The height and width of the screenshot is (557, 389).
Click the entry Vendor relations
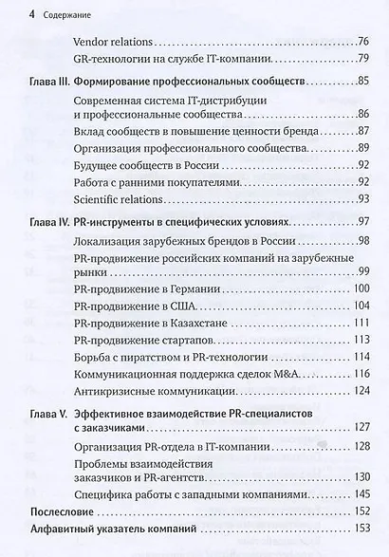[x=112, y=43]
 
